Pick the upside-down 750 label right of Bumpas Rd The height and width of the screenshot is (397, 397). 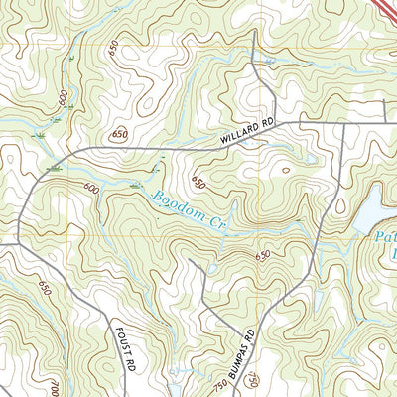click(255, 380)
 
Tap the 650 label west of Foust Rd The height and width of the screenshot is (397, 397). click(44, 287)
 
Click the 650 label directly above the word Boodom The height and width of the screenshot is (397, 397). click(199, 184)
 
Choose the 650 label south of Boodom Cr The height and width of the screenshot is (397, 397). click(262, 256)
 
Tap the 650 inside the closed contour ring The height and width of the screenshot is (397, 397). click(120, 134)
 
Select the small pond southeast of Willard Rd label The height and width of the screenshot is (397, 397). click(311, 158)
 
